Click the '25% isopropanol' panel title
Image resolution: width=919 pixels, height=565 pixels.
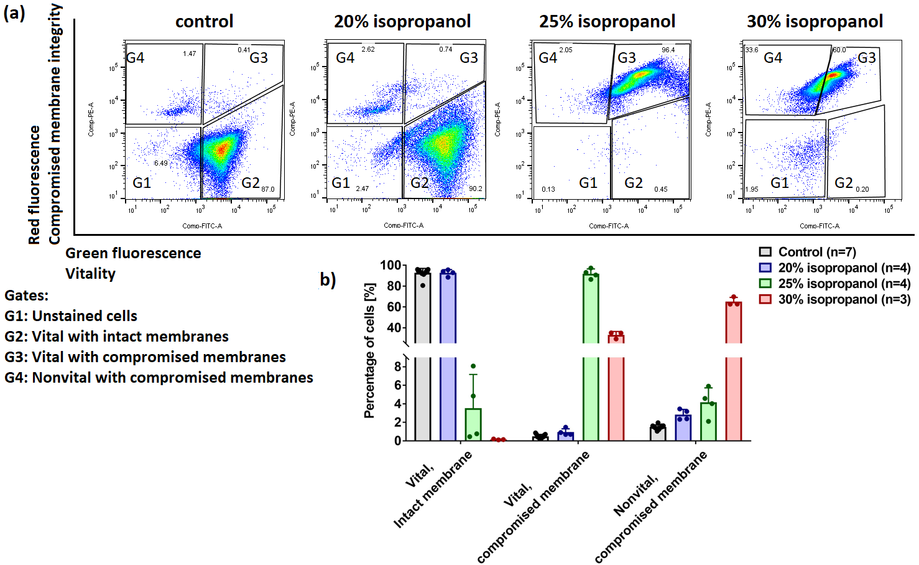tap(607, 22)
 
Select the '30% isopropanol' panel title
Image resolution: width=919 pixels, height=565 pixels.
tap(815, 22)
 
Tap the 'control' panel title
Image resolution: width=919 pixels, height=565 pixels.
tap(204, 22)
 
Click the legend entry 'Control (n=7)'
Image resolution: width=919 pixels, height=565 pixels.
tap(816, 252)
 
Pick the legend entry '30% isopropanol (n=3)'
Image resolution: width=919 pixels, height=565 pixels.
tap(844, 299)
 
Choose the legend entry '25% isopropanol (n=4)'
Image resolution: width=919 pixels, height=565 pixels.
tap(844, 284)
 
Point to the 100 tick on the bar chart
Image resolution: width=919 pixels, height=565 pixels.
tap(390, 266)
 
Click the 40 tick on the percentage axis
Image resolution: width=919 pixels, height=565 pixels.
tap(394, 328)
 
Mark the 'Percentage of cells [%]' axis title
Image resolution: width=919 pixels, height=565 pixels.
tap(369, 351)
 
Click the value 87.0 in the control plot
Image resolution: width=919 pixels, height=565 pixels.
tap(267, 189)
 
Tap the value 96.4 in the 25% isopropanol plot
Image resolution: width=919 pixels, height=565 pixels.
tap(668, 50)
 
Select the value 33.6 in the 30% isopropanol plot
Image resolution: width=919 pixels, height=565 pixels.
tap(752, 50)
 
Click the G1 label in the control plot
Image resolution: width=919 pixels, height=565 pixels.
tap(142, 183)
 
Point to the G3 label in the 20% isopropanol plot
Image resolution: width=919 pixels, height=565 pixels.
tap(469, 58)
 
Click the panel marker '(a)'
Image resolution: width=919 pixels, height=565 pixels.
tap(14, 12)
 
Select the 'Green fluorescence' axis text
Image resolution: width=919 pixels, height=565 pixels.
tap(133, 253)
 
